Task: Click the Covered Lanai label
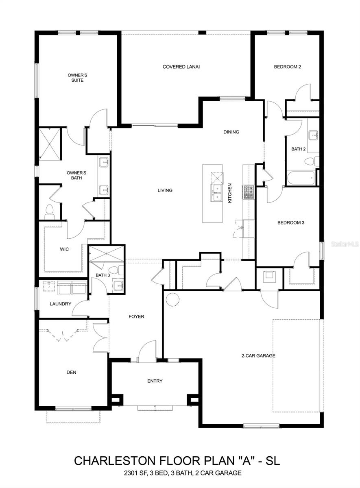(181, 67)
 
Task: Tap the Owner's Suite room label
(77, 78)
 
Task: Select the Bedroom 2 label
(287, 67)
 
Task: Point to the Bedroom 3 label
(291, 222)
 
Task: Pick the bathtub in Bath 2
(301, 178)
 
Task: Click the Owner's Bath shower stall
(50, 144)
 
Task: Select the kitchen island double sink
(217, 192)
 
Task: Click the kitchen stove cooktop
(248, 192)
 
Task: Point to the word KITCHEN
(230, 193)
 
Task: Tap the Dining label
(231, 132)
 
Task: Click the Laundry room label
(61, 304)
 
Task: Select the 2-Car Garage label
(258, 356)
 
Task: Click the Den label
(72, 372)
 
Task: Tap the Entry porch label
(155, 381)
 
